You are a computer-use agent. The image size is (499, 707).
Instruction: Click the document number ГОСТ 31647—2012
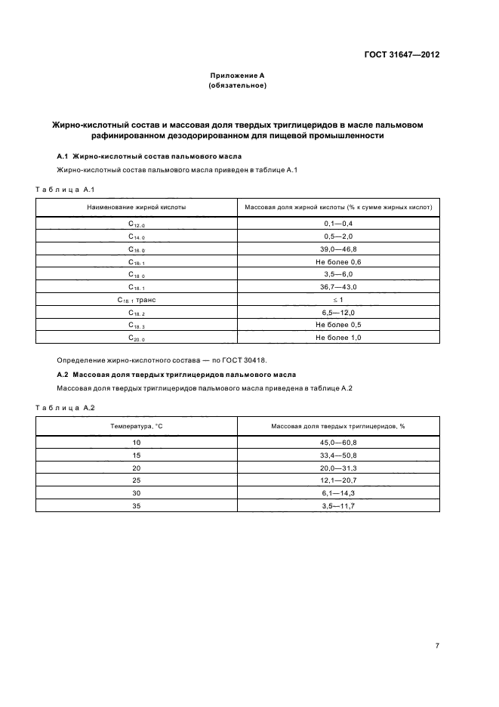coord(403,55)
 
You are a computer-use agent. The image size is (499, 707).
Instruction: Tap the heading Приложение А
coord(237,76)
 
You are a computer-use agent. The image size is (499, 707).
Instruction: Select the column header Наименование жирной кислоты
coord(137,205)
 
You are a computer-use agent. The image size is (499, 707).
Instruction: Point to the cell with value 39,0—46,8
coord(339,249)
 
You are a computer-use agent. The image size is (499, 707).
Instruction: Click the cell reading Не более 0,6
coord(339,261)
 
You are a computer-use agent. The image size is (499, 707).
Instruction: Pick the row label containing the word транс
coord(137,300)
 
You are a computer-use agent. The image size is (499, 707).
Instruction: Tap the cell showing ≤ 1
coord(339,300)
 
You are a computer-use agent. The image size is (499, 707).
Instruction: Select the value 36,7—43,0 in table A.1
coord(339,287)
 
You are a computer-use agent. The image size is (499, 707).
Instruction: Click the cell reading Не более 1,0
coord(339,338)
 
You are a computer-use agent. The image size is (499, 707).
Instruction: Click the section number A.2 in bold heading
coord(63,375)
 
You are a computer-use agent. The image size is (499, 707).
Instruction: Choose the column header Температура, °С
coord(137,426)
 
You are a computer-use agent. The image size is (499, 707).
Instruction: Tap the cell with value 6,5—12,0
coord(339,313)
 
